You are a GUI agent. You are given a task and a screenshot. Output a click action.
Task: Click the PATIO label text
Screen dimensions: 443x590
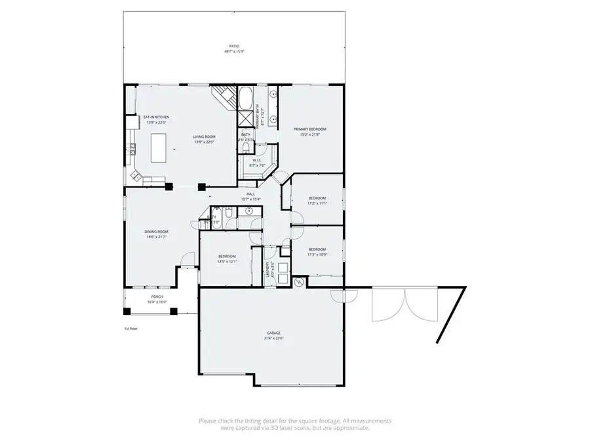[234, 46]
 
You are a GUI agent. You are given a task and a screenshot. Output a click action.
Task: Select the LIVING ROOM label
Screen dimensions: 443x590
[204, 137]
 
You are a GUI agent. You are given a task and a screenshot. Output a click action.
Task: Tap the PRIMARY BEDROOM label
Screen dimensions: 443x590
[309, 129]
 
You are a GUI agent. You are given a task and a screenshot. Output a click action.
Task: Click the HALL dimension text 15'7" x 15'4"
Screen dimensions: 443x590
[250, 200]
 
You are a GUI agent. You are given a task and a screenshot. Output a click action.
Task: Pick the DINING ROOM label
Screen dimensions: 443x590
[157, 231]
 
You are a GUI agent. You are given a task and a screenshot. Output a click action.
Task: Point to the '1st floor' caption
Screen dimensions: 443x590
[131, 328]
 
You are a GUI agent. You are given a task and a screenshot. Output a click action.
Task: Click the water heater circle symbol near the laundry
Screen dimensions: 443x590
[299, 282]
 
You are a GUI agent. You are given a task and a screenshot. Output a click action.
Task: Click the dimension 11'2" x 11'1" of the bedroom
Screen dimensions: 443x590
[317, 203]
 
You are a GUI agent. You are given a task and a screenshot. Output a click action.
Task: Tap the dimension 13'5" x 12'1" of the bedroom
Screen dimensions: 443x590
[226, 261]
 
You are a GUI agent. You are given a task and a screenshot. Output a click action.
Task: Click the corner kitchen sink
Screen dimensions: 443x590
[136, 175]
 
